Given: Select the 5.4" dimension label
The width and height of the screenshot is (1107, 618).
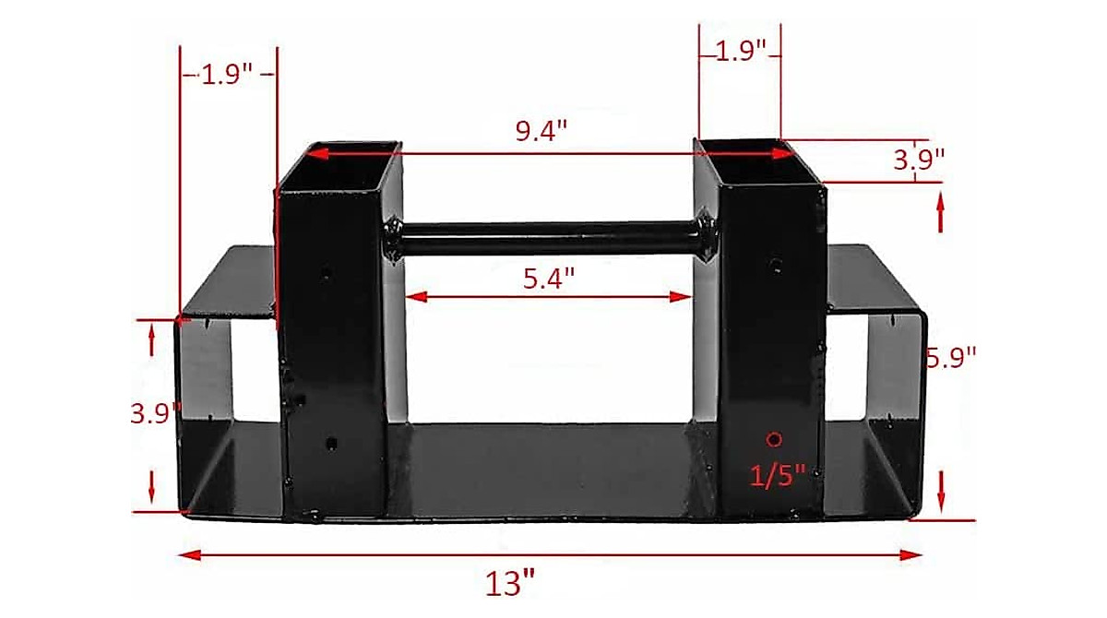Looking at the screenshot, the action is tap(549, 278).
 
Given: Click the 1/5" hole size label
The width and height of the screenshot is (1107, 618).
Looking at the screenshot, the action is tap(778, 475).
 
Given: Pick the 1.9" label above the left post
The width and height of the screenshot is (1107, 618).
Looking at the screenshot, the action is tap(227, 75).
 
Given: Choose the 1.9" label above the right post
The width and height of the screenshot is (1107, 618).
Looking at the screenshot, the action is tap(742, 51).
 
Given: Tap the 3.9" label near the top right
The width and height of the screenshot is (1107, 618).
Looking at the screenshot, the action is tap(920, 158).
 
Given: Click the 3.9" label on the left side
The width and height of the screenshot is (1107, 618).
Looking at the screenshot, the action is tap(154, 413).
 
